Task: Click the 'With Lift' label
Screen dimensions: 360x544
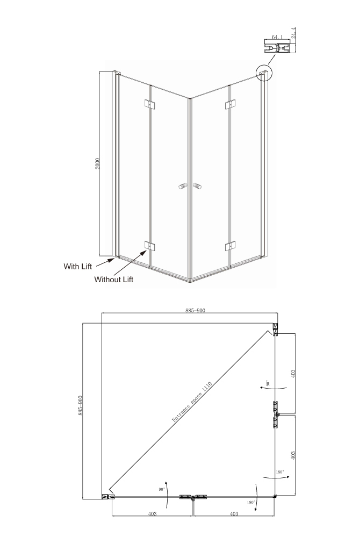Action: point(78,266)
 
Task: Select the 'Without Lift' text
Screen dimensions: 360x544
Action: point(114,280)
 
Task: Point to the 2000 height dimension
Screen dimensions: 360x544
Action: point(97,164)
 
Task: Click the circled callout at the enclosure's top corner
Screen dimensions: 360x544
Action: point(264,73)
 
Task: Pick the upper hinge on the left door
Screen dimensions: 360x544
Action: point(149,104)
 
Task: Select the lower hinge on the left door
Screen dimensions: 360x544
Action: point(149,246)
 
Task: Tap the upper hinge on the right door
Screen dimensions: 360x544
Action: point(230,104)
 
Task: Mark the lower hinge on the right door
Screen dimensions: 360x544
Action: point(230,246)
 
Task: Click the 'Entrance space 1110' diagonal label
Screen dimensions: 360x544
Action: point(192,402)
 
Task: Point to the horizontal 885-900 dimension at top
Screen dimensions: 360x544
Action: point(195,311)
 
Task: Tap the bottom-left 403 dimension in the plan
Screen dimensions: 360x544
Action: point(152,513)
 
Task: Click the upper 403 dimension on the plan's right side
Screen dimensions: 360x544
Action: point(293,374)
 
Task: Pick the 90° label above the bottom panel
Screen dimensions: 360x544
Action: point(162,489)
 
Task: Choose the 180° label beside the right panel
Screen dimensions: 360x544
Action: point(280,472)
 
